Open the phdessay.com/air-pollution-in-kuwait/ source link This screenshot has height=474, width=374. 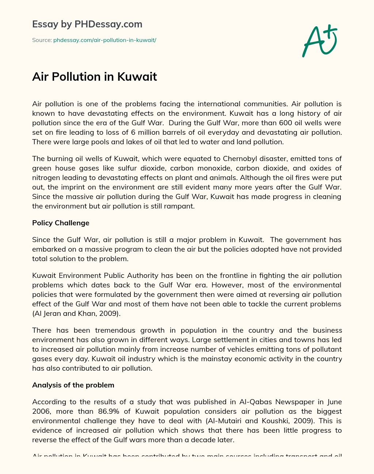point(105,40)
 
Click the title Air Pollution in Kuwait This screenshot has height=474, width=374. point(95,77)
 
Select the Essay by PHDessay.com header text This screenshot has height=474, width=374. point(87,24)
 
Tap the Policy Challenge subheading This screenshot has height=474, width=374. point(61,223)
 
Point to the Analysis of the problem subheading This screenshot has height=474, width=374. point(73,385)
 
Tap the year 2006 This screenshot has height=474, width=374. point(41,411)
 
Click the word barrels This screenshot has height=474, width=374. point(159,132)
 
